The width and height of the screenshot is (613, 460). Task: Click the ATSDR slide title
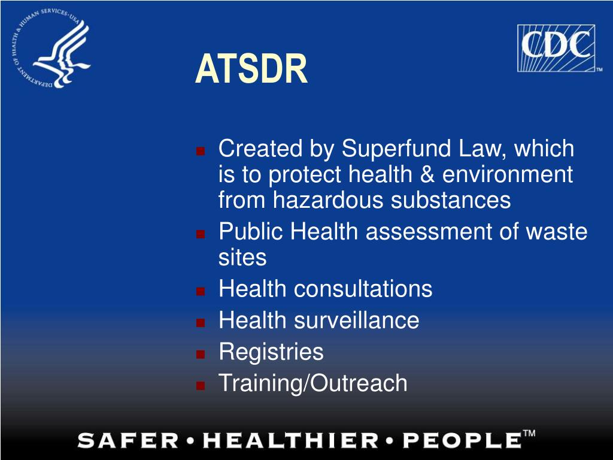click(251, 68)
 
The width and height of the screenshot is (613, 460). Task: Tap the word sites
click(242, 257)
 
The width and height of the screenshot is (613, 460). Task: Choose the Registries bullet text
click(271, 351)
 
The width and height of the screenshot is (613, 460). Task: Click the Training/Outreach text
click(313, 383)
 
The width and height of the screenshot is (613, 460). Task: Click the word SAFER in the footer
click(128, 441)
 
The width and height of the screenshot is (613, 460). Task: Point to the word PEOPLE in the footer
click(460, 441)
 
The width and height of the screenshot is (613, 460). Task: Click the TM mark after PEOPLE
click(529, 434)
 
